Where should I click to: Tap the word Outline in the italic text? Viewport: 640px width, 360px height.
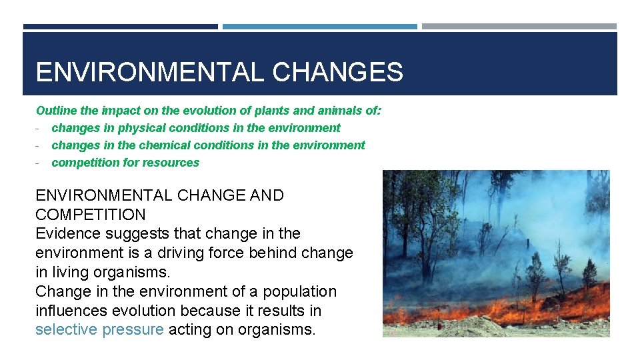56,111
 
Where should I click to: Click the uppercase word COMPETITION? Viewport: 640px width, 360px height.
90,215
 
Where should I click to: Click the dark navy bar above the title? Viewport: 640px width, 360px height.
120,27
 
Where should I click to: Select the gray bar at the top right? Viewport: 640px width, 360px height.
519,27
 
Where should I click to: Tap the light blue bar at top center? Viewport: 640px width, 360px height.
319,27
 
